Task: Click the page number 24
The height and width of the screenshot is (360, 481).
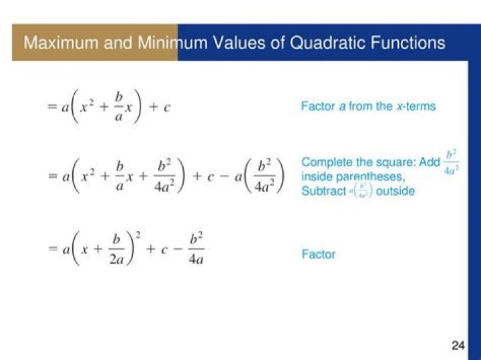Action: pos(458,345)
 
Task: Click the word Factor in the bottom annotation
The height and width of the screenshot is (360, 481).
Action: pos(319,254)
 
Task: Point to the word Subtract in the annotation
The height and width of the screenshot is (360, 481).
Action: pos(323,191)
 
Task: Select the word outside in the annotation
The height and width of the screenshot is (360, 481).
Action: pos(395,191)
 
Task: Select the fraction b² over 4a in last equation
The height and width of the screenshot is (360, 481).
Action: pos(196,248)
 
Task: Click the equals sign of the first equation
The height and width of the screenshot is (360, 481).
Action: pos(51,107)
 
